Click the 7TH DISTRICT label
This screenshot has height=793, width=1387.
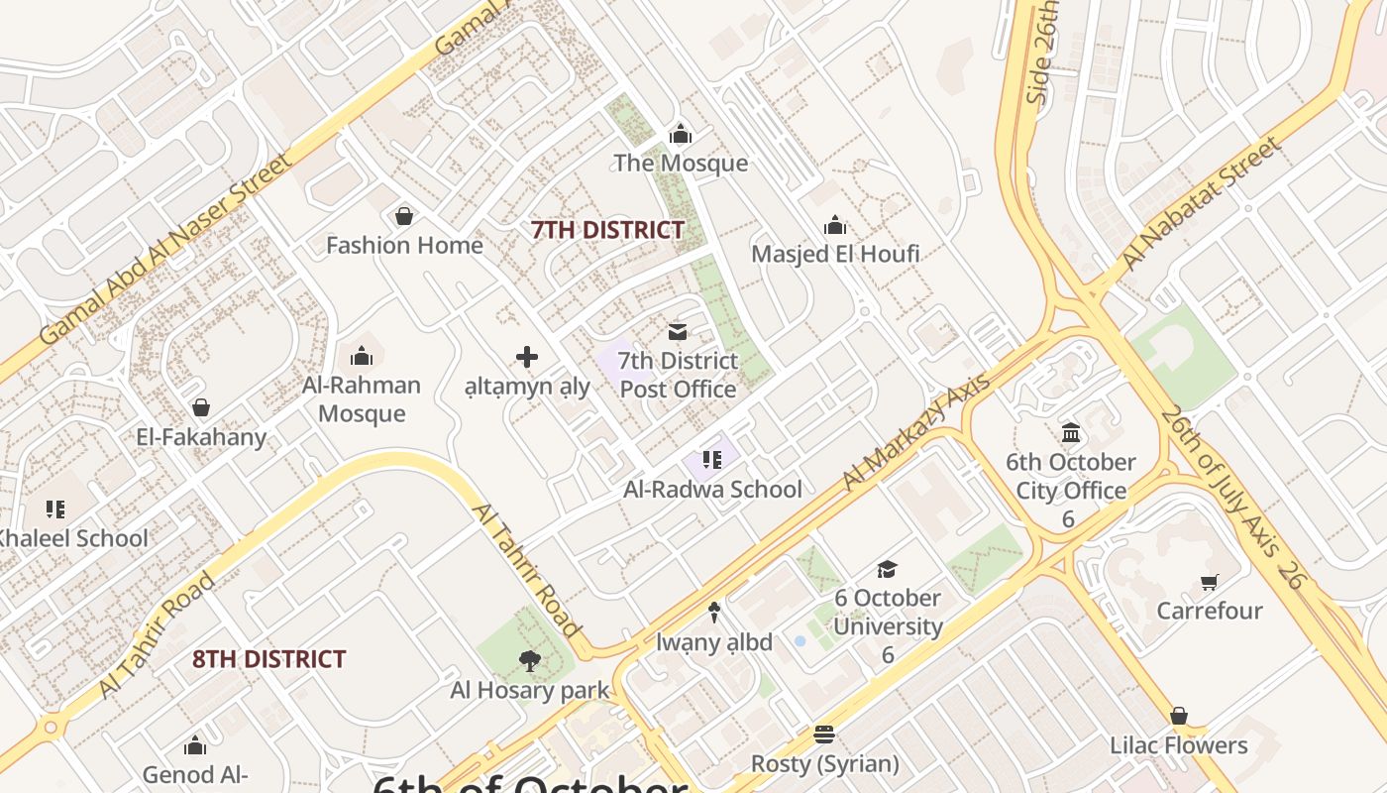607,230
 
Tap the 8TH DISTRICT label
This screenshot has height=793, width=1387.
268,659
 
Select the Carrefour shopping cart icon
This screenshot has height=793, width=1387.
1209,582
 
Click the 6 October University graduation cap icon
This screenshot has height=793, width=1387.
887,569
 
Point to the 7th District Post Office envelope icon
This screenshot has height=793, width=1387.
678,331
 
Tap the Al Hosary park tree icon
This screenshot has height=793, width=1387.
529,660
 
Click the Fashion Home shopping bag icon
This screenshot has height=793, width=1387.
404,215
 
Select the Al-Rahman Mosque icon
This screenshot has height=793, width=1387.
362,355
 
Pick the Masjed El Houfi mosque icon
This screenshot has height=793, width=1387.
835,225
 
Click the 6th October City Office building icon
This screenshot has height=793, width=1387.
1071,433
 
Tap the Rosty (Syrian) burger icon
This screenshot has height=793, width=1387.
824,735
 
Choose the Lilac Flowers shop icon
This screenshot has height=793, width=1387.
1178,716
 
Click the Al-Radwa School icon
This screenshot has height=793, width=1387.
711,459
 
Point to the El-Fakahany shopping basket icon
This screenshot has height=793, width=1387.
201,407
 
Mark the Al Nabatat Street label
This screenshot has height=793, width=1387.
1200,204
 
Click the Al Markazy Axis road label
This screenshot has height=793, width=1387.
915,432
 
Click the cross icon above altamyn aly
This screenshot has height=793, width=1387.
527,357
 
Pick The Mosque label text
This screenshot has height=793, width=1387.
681,163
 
